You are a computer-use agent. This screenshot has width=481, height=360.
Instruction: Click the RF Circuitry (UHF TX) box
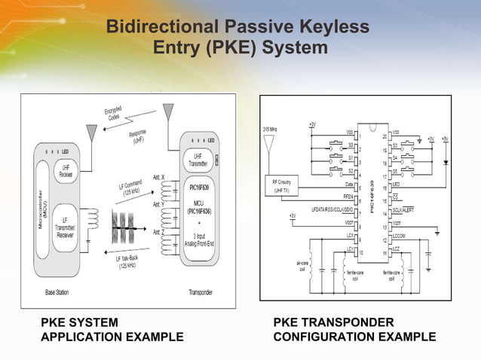tap(284, 185)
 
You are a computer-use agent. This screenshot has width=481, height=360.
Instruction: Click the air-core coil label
tap(301, 266)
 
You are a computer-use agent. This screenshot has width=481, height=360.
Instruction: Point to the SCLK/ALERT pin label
tap(403, 209)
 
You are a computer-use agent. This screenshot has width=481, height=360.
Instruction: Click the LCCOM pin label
tap(400, 235)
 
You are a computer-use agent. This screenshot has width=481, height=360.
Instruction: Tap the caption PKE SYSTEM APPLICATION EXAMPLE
tap(112, 329)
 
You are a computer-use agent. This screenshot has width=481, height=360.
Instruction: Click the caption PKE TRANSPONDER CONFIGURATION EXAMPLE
tap(354, 329)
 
